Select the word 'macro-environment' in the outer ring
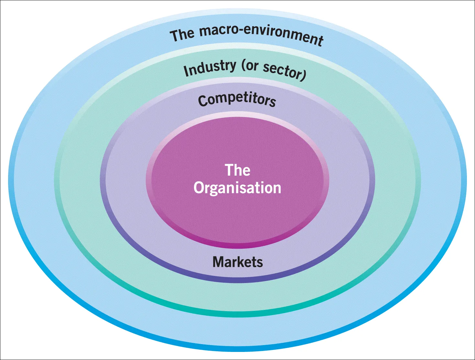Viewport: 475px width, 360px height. point(261,33)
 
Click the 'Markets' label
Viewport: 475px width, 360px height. point(237,262)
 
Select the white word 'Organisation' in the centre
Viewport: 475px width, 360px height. point(237,188)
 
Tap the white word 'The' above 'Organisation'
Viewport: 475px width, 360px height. point(237,170)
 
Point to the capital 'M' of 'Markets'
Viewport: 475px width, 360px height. point(219,262)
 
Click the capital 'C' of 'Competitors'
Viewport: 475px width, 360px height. point(203,101)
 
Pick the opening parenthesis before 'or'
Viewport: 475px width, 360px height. point(243,66)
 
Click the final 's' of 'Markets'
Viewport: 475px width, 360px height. point(260,262)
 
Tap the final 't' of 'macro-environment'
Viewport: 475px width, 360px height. point(320,41)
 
